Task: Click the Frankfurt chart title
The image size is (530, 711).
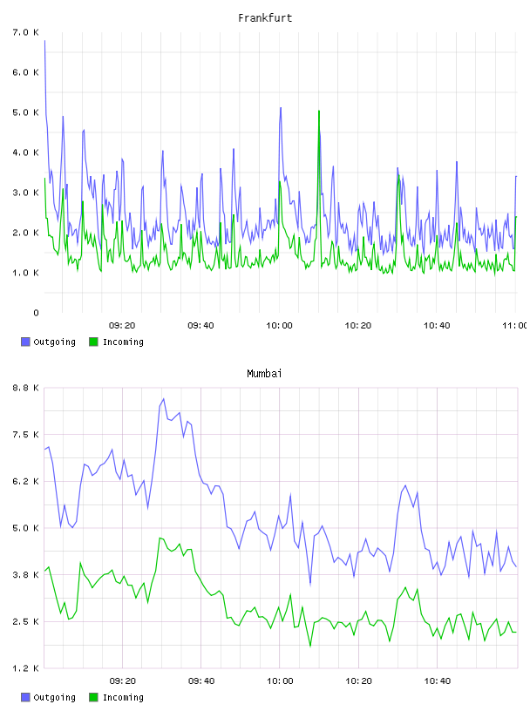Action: [x=265, y=18]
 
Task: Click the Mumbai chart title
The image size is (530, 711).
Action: [x=264, y=374]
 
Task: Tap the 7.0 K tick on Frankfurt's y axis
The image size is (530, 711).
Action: [x=25, y=32]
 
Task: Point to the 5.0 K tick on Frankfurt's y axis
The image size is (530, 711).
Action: [x=25, y=112]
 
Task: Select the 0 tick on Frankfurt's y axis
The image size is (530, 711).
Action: [x=36, y=313]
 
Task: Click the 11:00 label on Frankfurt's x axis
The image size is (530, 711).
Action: [x=515, y=326]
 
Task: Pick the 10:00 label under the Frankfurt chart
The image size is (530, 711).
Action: [x=279, y=326]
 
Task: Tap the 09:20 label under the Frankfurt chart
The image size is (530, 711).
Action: [x=122, y=326]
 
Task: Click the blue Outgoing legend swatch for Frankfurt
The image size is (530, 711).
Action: [x=25, y=342]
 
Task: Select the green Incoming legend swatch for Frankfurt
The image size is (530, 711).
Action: [x=93, y=342]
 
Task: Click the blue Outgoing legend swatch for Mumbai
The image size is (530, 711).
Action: [x=25, y=697]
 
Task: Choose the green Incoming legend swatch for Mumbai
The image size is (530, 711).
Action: [x=93, y=697]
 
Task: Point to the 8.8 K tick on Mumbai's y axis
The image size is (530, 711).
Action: [x=25, y=388]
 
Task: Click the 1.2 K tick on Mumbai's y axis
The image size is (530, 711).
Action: [x=25, y=668]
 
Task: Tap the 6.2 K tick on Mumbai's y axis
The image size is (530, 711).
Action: [x=25, y=482]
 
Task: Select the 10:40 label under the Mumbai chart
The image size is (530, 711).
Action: [x=438, y=681]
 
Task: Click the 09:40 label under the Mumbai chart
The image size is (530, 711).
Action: [x=201, y=681]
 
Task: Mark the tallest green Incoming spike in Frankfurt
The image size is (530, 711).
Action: [x=319, y=111]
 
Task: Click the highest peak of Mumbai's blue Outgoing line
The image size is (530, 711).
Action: [x=163, y=399]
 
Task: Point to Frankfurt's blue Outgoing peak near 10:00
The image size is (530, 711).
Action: [x=281, y=108]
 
